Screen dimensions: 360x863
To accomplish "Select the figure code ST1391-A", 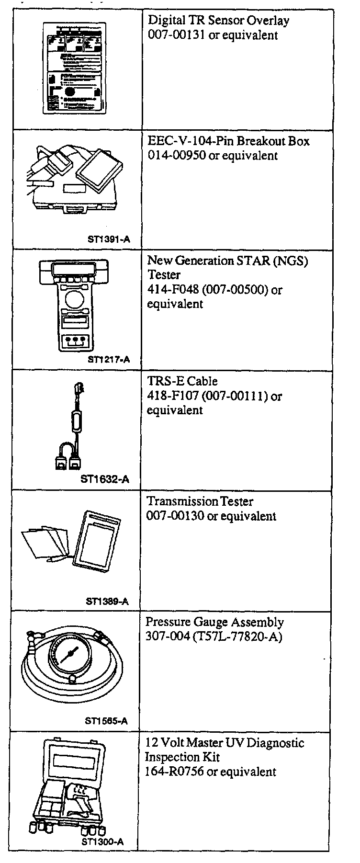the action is tap(109, 240).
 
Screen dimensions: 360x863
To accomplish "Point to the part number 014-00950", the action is tap(177, 156).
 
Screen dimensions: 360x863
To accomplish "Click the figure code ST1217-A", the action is tap(109, 360).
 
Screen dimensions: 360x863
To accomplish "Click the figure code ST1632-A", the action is tap(105, 479).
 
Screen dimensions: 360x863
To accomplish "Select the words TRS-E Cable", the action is tap(182, 381).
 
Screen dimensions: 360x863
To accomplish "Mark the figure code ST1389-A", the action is tap(107, 602).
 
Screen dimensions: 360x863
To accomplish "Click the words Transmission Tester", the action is tap(200, 501).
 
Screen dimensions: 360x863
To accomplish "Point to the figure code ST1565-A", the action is tap(106, 721).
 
